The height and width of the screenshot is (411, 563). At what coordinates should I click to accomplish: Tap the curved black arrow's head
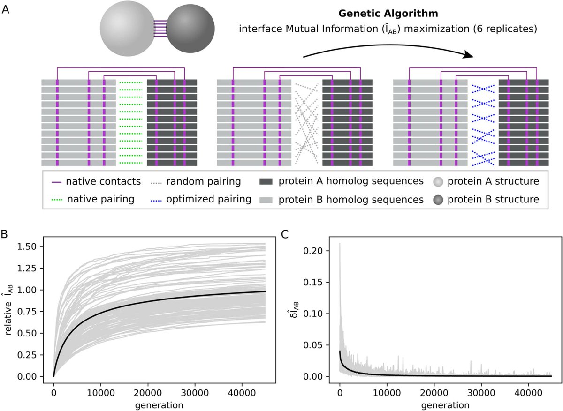click(467, 55)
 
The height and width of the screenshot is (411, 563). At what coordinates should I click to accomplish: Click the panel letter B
click(6, 233)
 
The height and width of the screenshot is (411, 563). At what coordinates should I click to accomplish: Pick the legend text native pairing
click(100, 200)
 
